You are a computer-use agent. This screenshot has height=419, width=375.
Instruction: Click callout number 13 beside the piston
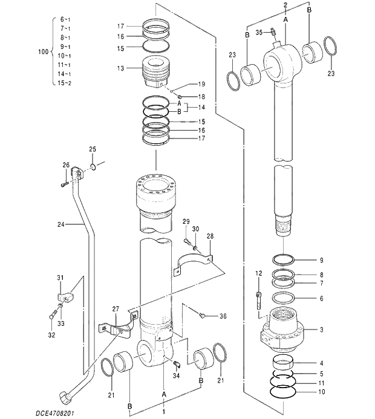[x=121, y=68]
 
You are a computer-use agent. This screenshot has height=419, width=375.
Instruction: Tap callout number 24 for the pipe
[x=60, y=225]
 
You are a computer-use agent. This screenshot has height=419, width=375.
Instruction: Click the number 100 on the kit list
[x=42, y=52]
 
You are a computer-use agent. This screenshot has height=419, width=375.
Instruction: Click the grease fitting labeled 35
[x=274, y=33]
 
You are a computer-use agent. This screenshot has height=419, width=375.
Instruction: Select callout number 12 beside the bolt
[x=258, y=274]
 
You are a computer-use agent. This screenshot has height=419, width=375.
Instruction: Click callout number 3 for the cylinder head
[x=322, y=330]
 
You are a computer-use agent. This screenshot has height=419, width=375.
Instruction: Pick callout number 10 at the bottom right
[x=322, y=392]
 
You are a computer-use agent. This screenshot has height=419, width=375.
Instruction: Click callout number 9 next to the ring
[x=322, y=261]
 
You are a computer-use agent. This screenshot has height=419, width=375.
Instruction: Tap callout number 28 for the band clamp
[x=210, y=236]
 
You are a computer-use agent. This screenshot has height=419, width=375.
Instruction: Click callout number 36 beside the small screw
[x=223, y=316]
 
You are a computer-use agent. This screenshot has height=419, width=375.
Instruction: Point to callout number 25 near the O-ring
[x=93, y=149]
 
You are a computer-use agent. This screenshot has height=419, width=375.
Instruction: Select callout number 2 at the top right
[x=285, y=5]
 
